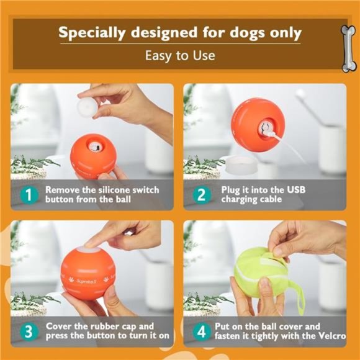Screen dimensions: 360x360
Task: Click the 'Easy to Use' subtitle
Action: click(180, 55)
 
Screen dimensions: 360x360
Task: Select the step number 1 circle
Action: click(28, 194)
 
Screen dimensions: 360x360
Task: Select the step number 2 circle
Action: click(200, 194)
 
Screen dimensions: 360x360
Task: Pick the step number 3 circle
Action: click(28, 331)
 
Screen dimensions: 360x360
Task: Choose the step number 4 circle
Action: click(200, 331)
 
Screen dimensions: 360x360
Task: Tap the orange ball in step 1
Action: click(92, 155)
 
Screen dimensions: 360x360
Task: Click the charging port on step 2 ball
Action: click(265, 128)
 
